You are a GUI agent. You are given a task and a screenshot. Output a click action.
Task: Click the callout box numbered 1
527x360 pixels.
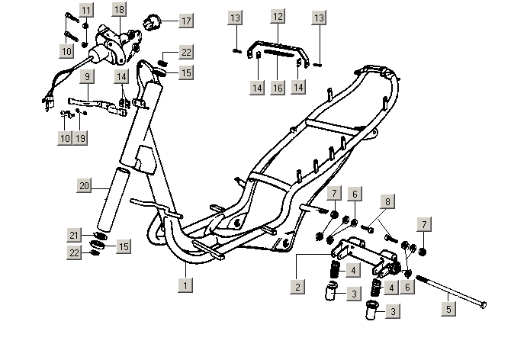[185, 287]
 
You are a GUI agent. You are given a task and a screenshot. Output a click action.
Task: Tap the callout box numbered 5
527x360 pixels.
[448, 309]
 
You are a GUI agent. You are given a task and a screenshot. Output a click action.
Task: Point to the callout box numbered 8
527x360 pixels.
[388, 202]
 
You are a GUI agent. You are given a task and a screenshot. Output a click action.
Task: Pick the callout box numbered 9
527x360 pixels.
[87, 77]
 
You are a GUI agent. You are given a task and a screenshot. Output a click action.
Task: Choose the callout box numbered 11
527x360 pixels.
[86, 10]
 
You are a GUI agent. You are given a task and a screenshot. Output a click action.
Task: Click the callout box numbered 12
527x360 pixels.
[278, 16]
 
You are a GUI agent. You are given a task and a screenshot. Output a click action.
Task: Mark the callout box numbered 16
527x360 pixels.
[278, 88]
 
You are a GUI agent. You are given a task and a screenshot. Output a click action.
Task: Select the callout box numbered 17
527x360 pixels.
[185, 21]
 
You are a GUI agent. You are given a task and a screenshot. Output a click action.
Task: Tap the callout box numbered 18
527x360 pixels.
[118, 10]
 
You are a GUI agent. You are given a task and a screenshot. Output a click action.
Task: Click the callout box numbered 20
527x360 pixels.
[85, 185]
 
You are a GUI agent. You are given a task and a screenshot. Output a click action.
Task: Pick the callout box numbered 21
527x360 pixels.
[75, 235]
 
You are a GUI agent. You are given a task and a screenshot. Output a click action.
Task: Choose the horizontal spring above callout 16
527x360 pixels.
[278, 56]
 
